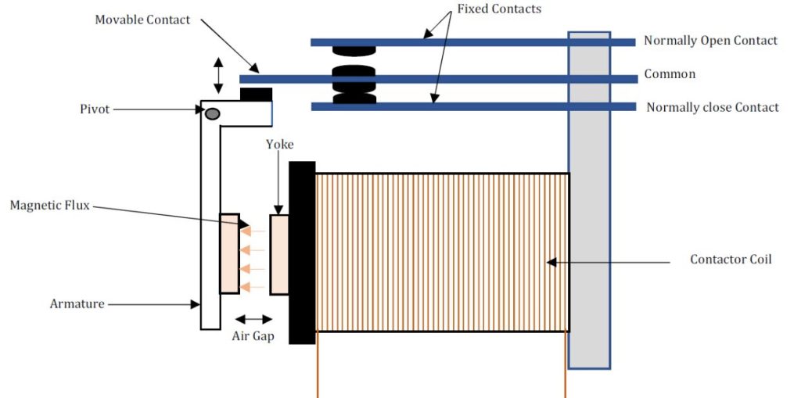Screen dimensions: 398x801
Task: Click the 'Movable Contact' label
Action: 142,20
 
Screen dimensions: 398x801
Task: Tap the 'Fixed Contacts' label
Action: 500,9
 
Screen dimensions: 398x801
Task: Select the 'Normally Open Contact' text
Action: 710,41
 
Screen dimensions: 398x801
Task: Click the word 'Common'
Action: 670,74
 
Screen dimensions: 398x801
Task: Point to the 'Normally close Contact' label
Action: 712,107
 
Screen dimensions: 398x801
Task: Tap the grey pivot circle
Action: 212,114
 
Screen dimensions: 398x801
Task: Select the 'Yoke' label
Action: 280,145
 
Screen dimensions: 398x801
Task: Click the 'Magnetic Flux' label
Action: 51,206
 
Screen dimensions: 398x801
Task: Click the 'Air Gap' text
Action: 253,337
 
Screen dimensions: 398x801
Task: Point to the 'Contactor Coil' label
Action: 731,259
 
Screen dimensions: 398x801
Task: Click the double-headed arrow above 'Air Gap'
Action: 253,319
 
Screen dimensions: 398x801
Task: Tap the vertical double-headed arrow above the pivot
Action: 218,75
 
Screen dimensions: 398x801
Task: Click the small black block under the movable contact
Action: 256,95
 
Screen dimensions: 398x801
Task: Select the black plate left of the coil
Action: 302,253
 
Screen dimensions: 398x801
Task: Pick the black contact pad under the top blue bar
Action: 354,52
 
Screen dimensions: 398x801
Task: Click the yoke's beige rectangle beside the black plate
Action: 279,255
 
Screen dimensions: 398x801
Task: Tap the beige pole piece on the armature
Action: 229,253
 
